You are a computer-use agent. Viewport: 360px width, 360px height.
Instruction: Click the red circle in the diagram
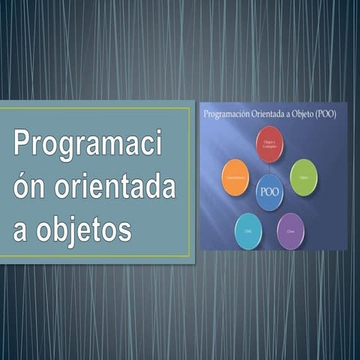point(269,143)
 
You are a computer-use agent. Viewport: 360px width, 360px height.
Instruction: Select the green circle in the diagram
point(303,178)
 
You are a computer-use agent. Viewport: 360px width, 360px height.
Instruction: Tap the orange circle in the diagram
point(235,178)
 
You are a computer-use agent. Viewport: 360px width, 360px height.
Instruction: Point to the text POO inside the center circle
point(269,191)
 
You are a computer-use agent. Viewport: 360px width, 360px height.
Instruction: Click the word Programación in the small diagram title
point(226,113)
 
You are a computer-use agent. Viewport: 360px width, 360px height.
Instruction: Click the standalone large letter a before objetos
point(21,230)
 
